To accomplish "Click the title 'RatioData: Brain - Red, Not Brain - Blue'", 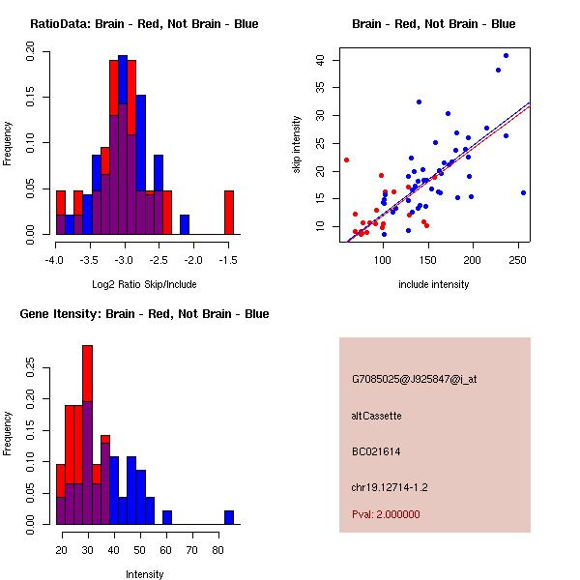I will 144,23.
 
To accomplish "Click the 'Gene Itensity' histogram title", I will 144,313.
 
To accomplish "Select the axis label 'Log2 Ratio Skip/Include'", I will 144,284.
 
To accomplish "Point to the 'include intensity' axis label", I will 434,284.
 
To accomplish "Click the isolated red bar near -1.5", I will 229,212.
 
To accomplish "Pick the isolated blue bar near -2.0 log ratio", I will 185,224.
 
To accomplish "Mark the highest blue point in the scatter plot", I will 506,56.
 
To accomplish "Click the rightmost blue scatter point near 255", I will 523,192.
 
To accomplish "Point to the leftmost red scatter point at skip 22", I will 346,159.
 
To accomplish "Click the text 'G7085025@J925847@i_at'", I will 414,378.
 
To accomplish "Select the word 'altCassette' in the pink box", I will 376,416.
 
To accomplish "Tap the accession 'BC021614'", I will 376,451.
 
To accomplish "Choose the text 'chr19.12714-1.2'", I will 388,486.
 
